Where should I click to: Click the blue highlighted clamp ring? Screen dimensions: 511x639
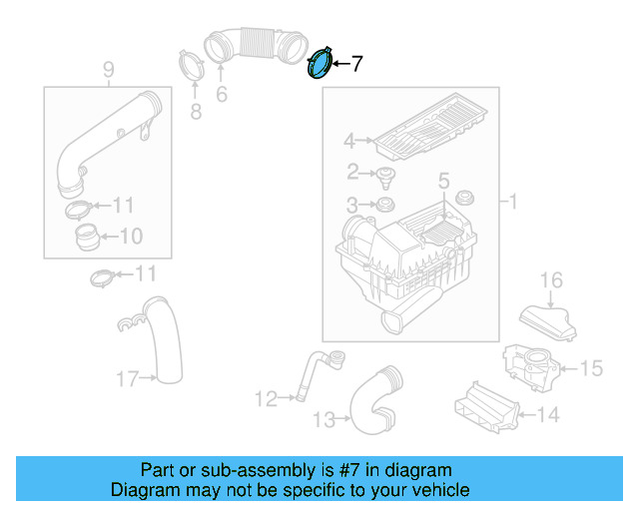tap(320, 65)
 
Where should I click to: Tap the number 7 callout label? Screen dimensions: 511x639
tap(356, 64)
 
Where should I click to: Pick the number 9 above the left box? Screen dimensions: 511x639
tap(109, 69)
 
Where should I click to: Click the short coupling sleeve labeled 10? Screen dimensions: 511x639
tap(87, 238)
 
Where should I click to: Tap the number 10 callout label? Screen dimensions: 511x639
tap(131, 237)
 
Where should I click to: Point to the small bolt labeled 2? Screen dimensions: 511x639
tap(383, 177)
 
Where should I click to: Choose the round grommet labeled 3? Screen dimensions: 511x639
tap(381, 206)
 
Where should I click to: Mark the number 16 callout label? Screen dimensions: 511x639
tap(552, 280)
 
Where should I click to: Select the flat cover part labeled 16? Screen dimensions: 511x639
tap(548, 319)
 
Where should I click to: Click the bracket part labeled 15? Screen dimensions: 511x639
tap(529, 366)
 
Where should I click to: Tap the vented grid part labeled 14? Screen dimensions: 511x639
tap(487, 407)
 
